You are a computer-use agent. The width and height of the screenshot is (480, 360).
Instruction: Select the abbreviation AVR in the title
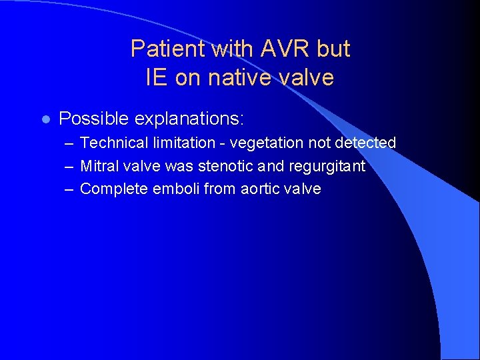pos(273,49)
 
